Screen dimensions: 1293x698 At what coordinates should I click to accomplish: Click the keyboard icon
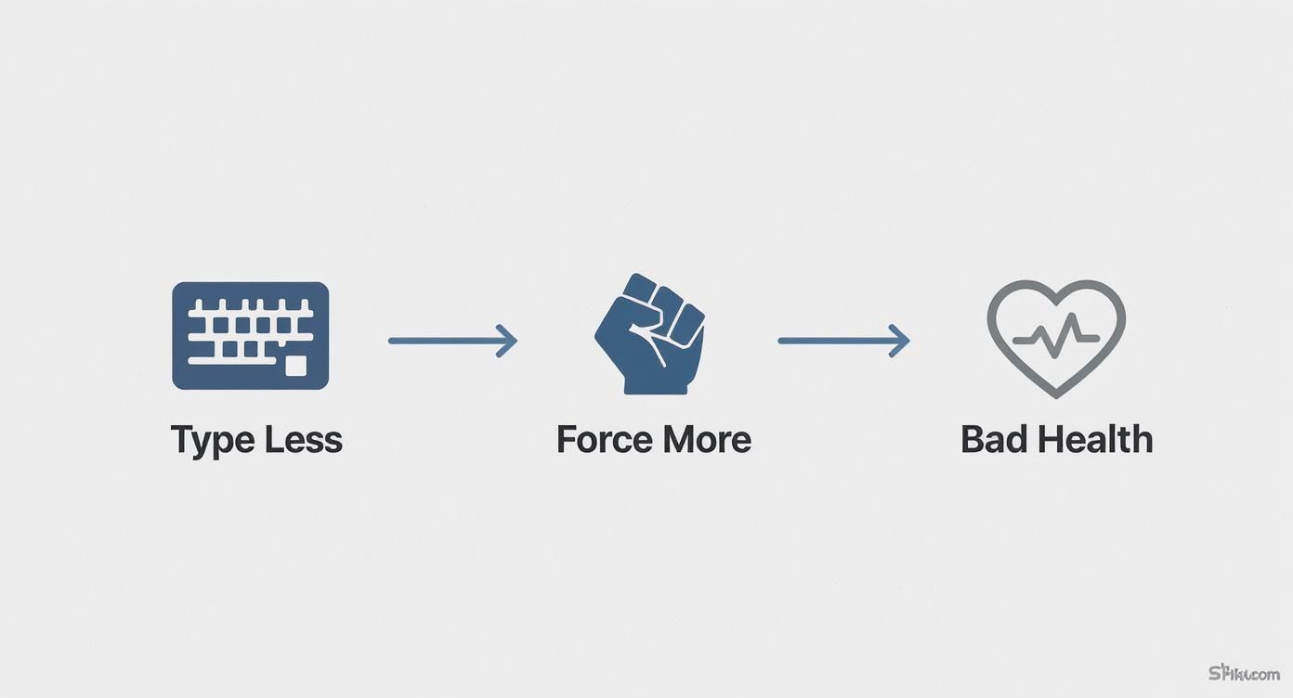251,335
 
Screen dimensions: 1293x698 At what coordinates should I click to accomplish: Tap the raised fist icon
650,333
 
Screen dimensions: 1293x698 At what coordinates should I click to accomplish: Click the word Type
212,440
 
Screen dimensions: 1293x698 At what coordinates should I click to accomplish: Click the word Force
601,439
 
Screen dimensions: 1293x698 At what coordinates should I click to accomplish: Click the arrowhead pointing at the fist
507,341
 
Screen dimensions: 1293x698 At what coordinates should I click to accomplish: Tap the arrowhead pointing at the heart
899,341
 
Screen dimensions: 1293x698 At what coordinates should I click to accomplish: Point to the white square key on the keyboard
295,366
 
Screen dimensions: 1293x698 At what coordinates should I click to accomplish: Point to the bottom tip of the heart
1056,395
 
